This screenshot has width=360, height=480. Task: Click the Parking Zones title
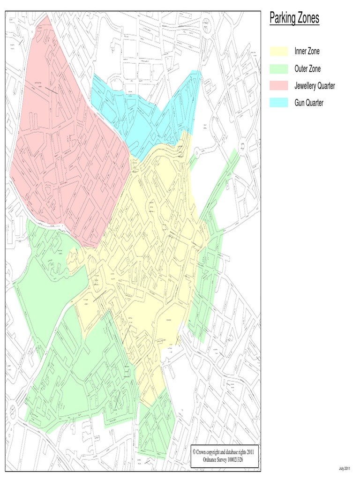pyautogui.click(x=294, y=18)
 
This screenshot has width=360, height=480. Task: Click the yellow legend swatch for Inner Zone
pyautogui.click(x=278, y=51)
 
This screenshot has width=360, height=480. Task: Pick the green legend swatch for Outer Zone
pyautogui.click(x=278, y=68)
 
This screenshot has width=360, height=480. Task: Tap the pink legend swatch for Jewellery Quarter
pyautogui.click(x=278, y=86)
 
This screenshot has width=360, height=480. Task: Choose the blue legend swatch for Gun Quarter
pyautogui.click(x=278, y=103)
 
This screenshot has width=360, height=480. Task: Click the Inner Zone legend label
pyautogui.click(x=307, y=51)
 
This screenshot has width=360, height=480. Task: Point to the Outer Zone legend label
pyautogui.click(x=307, y=68)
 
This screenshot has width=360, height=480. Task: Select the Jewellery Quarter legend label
pyautogui.click(x=315, y=86)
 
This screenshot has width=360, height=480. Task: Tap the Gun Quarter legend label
pyautogui.click(x=309, y=103)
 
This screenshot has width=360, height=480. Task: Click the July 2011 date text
pyautogui.click(x=344, y=469)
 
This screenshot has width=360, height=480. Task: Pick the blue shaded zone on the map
pyautogui.click(x=141, y=117)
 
